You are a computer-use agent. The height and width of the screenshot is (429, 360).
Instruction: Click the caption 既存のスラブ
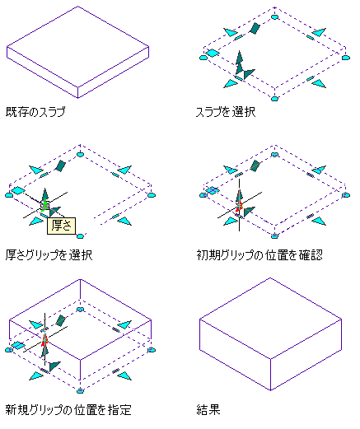pos(35,112)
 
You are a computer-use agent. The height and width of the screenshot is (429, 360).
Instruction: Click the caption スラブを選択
pos(226,112)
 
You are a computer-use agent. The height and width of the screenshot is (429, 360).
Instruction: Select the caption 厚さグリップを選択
pos(49,255)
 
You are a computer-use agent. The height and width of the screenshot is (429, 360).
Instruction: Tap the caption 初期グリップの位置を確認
pos(259,255)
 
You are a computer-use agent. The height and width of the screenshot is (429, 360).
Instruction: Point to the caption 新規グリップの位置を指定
pos(68,410)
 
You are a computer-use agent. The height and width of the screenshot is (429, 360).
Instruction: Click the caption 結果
pos(208,410)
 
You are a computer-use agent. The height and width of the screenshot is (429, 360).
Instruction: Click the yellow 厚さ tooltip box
pos(61,226)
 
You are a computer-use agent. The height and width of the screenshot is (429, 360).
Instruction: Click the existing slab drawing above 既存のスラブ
pos(77,52)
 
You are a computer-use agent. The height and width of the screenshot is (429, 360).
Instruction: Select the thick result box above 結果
pos(270,334)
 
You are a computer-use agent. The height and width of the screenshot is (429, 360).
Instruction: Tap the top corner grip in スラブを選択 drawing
pos(274,16)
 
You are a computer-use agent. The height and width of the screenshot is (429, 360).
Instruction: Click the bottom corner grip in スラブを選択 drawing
pos(274,99)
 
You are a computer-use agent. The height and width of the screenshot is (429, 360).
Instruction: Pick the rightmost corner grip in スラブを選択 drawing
pos(346,58)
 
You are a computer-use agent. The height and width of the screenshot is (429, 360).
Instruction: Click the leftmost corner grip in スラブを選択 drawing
pos(203,58)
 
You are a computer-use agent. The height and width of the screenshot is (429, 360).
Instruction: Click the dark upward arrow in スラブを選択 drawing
pos(240,63)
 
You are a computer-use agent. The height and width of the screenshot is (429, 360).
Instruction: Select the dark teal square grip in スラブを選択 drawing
pos(255,28)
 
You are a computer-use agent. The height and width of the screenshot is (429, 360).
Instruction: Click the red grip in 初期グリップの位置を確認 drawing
pos(239,205)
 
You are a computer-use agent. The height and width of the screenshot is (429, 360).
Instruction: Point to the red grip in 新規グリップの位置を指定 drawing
pos(44,340)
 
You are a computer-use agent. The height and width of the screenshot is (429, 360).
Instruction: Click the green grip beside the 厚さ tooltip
pos(45,206)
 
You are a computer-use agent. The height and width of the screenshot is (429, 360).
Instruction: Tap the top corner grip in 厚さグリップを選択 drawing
pos(80,154)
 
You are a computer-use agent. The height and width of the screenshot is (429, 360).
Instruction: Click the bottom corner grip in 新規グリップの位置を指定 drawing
pos(80,391)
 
